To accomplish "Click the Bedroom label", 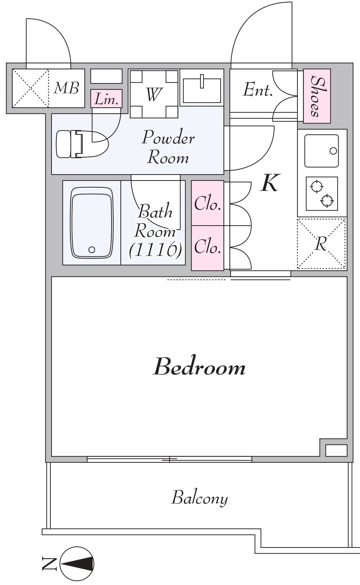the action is click(199, 367).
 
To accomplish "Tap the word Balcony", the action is click(199, 498).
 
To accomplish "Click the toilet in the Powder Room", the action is click(82, 144).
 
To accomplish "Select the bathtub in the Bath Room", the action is click(92, 222).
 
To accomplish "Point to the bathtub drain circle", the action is click(92, 249).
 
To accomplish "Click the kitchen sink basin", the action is click(322, 151).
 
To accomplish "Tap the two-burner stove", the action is click(322, 193).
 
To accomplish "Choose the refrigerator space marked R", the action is click(322, 244).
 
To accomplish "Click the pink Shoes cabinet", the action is click(317, 96).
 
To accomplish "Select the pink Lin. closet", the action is click(106, 99).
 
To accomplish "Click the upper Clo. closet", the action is click(208, 203).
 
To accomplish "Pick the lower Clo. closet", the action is click(208, 248).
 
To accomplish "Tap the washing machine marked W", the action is click(154, 94).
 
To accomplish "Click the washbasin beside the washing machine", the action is click(202, 89).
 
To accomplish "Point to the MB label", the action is click(66, 88).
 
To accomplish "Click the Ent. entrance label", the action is click(258, 90).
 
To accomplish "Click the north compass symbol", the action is click(77, 564).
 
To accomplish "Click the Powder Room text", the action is click(168, 147).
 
